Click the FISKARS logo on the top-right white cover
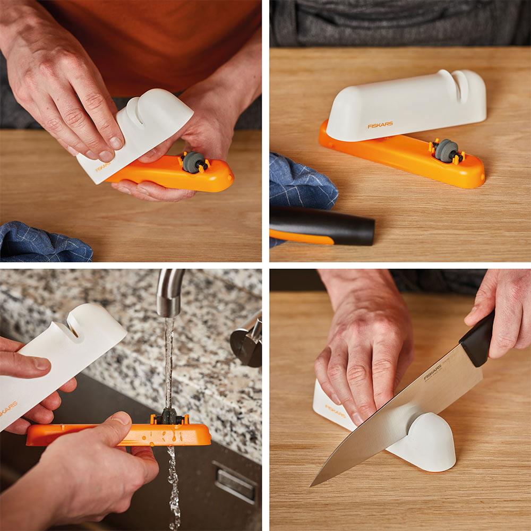[x=380, y=125]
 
